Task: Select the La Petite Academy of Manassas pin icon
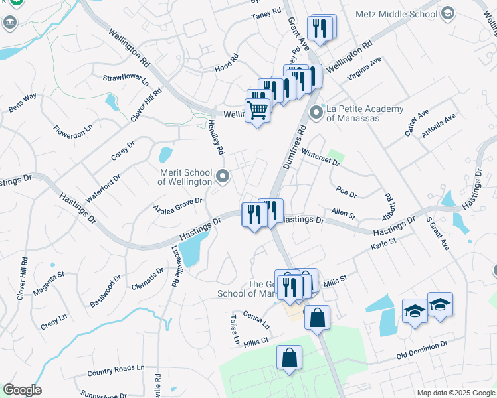(316, 113)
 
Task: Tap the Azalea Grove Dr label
(177, 204)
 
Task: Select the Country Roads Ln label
(116, 369)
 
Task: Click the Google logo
(22, 390)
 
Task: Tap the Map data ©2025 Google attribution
(455, 393)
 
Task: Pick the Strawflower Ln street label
(126, 78)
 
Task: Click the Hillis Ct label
(255, 340)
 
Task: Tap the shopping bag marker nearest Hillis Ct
(290, 359)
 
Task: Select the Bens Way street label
(23, 103)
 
